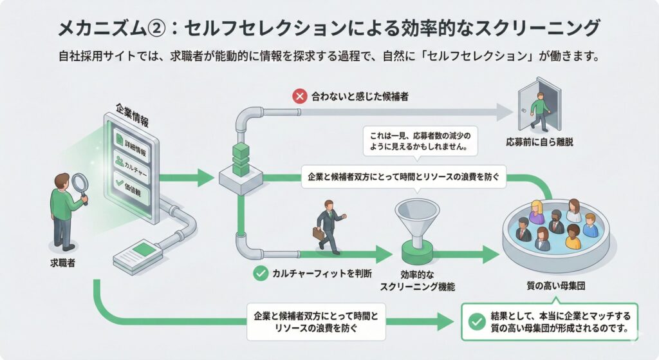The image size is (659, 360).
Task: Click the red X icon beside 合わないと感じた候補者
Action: pyautogui.click(x=299, y=97)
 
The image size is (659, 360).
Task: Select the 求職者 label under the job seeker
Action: pyautogui.click(x=62, y=263)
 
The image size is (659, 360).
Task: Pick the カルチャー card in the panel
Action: pyautogui.click(x=133, y=162)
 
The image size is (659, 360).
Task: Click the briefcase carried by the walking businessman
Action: pyautogui.click(x=319, y=234)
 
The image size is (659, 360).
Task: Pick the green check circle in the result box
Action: pyautogui.click(x=477, y=321)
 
